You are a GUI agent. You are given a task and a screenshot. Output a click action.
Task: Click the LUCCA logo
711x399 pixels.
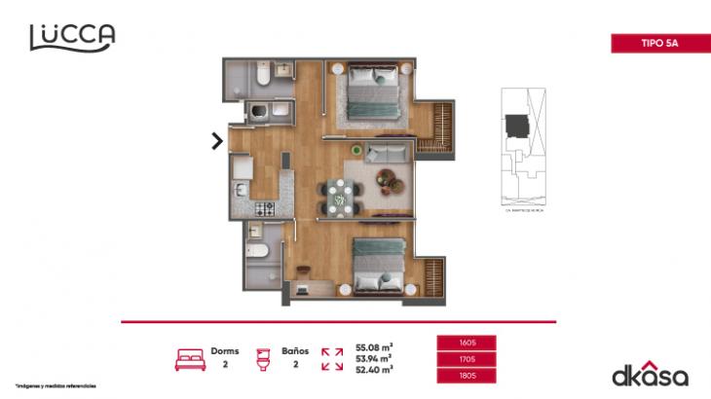[72, 36]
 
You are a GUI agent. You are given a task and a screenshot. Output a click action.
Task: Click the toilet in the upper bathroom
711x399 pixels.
[262, 75]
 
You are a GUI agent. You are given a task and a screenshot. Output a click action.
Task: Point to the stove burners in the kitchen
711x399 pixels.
[264, 207]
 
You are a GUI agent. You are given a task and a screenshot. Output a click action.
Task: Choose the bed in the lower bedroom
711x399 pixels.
[377, 264]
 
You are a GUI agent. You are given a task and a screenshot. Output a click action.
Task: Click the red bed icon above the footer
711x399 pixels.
[190, 358]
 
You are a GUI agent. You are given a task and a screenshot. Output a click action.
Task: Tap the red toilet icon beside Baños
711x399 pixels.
[261, 358]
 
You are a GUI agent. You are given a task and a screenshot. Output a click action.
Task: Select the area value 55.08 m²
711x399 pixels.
[374, 346]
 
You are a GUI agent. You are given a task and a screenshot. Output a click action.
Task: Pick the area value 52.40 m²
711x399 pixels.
[374, 370]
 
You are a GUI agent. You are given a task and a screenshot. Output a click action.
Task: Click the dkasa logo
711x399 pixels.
[650, 375]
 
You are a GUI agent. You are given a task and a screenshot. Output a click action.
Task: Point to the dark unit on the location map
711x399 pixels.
[516, 125]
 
